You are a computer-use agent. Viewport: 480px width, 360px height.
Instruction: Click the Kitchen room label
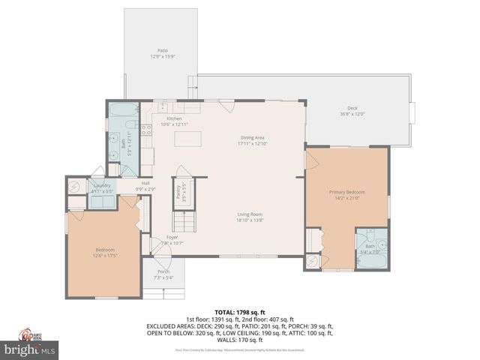174,118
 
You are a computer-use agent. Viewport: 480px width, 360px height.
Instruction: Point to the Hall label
145,183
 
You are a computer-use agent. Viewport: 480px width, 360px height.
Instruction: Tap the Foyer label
172,237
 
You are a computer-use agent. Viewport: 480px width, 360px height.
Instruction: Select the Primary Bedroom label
346,193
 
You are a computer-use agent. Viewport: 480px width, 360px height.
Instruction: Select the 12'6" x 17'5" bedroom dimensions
105,256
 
